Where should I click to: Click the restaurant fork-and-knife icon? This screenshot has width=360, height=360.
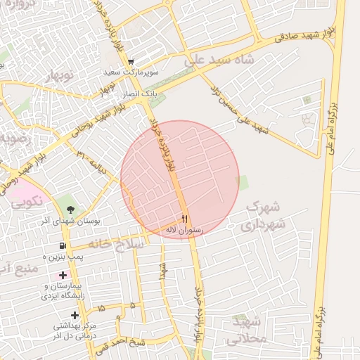(185, 219)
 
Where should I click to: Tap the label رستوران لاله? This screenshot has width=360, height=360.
(185, 230)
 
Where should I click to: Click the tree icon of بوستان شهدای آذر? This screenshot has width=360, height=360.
(69, 209)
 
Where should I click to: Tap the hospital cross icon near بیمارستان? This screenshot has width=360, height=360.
(64, 274)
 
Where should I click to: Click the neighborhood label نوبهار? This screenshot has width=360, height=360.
(61, 76)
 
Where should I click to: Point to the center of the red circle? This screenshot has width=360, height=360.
(180, 179)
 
